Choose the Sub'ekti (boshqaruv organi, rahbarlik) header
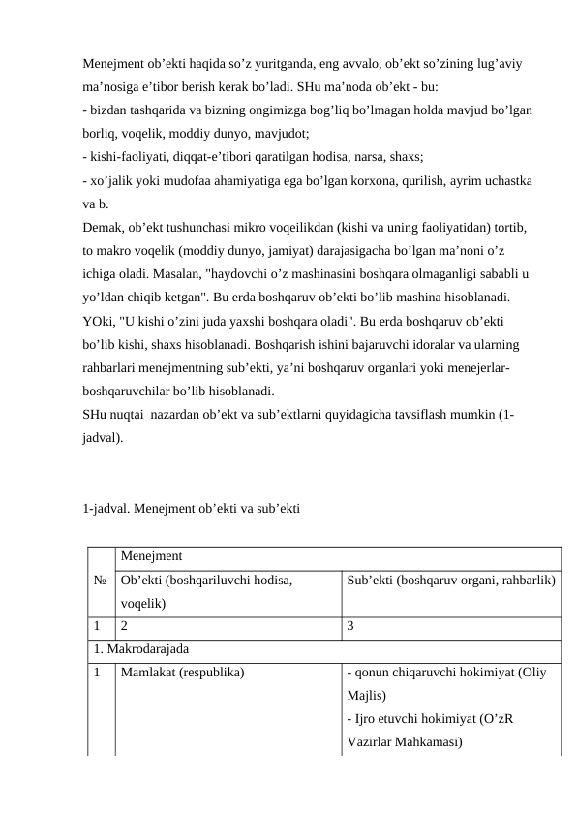tap(450, 581)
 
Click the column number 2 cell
tap(125, 626)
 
